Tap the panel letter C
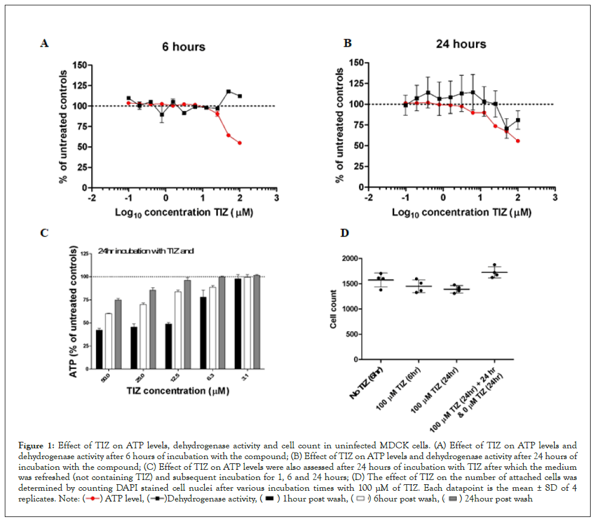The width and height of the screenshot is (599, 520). coord(44,232)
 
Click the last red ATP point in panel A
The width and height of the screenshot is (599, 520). coord(239,143)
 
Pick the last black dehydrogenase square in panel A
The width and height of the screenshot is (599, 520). coord(239,96)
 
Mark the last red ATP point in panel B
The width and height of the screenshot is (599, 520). coord(518,141)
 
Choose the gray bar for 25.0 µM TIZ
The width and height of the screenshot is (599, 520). coord(153,319)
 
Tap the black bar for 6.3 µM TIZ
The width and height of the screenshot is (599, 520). coord(203,323)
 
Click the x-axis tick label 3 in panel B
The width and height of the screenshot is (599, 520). coord(554,197)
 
